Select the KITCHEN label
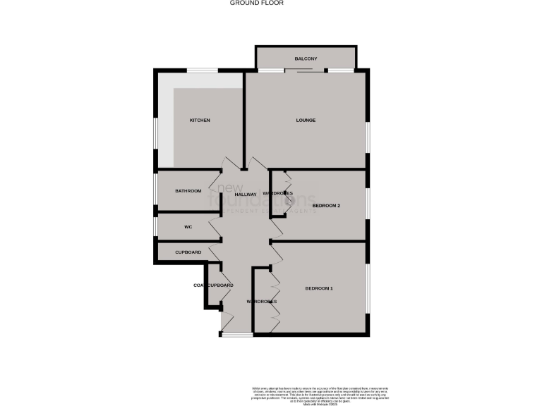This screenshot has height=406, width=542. tap(200, 121)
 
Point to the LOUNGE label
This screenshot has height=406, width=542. tap(306, 121)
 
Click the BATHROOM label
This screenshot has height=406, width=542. tap(188, 191)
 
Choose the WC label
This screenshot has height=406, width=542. tap(188, 227)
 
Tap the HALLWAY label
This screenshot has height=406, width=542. tap(246, 194)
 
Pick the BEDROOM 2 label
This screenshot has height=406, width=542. tap(327, 206)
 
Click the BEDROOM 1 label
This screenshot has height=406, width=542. tap(319, 289)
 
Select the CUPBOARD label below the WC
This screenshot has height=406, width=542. tap(188, 252)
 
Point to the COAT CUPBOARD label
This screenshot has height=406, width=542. tap(213, 285)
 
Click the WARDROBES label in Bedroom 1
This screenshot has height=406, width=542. tap(261, 302)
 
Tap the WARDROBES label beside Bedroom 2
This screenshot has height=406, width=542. tap(277, 193)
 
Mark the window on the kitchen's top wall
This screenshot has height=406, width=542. tap(202, 69)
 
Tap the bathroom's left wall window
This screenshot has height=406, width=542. tap(156, 190)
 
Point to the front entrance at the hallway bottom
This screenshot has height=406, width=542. tap(236, 334)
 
